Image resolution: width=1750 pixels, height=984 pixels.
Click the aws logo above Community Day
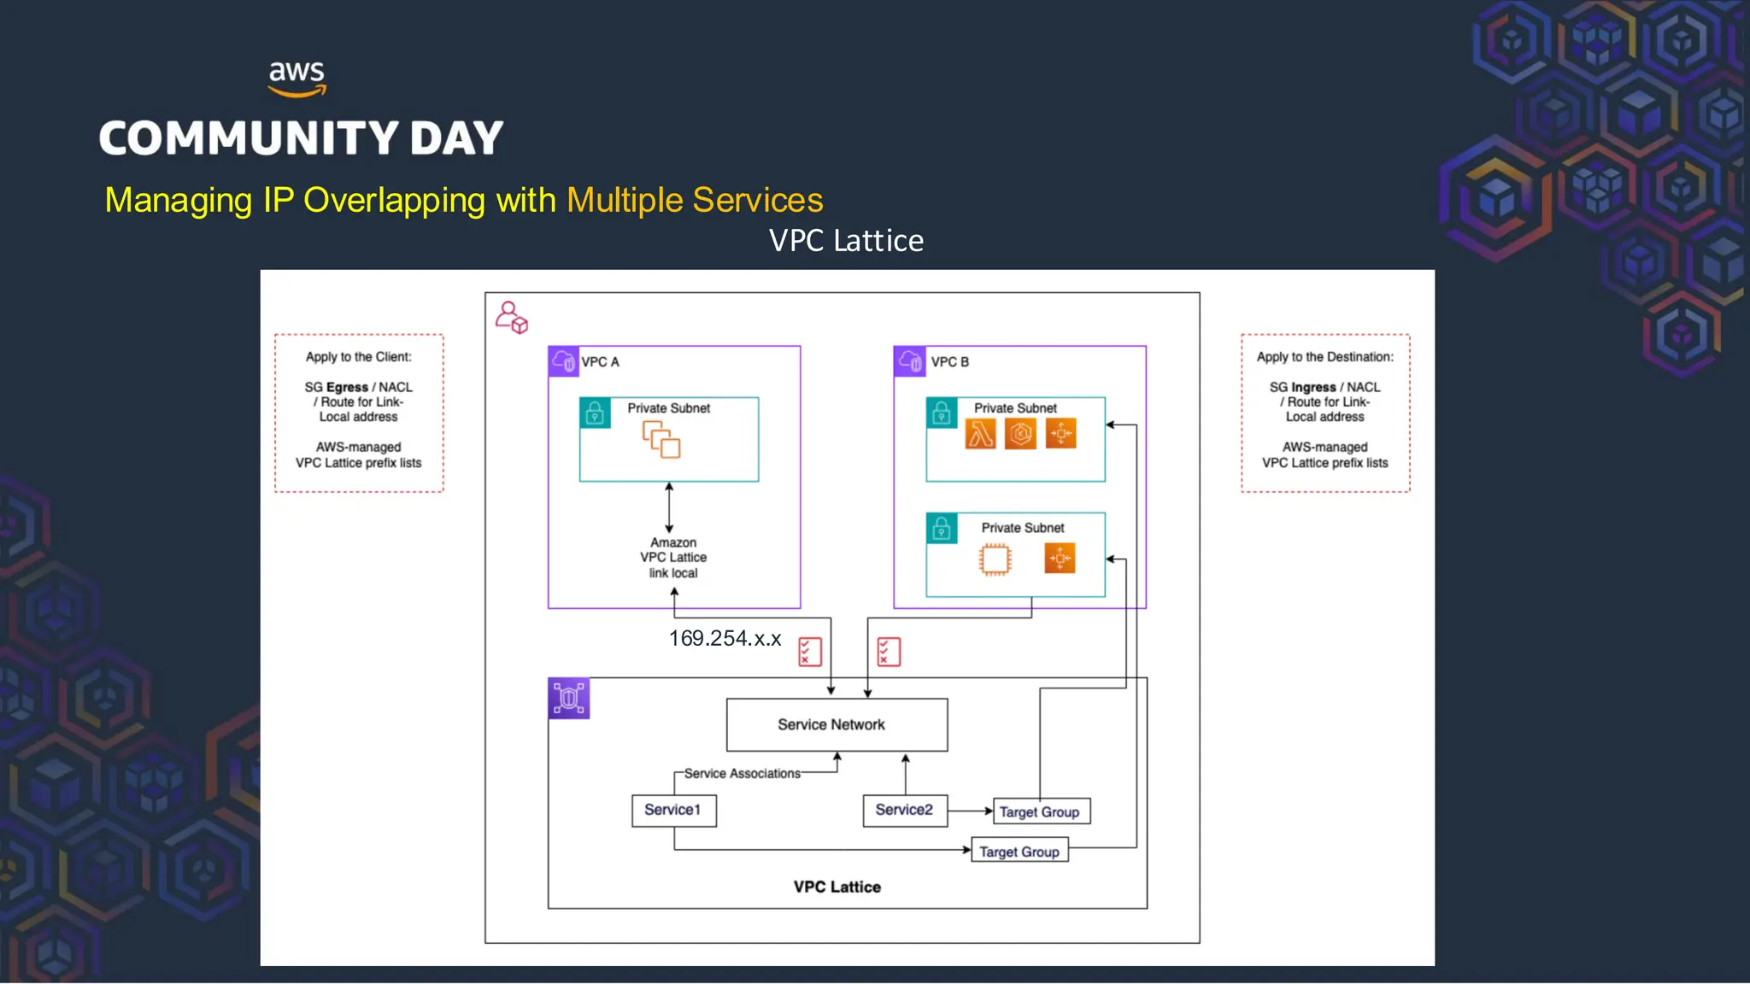tap(297, 78)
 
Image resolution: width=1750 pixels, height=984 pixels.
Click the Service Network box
tap(836, 724)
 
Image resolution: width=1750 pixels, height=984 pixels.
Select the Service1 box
tap(673, 810)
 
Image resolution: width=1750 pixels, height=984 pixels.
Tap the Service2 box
tap(904, 810)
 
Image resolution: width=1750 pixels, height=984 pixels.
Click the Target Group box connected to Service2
tap(1040, 811)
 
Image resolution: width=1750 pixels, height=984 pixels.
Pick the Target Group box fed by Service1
tap(1019, 852)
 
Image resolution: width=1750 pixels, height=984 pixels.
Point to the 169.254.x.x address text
tap(725, 639)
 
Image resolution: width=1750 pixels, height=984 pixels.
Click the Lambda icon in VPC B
tap(980, 434)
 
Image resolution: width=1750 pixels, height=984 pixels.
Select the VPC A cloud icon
tap(563, 361)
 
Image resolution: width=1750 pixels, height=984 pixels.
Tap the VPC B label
tap(950, 362)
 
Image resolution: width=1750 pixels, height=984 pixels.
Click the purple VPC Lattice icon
tap(568, 699)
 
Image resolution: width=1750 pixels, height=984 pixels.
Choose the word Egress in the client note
tap(347, 387)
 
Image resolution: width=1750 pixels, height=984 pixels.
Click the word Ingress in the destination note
tap(1313, 387)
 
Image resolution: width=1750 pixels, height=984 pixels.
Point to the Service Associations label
tap(742, 774)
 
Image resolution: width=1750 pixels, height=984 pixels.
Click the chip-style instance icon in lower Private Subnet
tap(995, 559)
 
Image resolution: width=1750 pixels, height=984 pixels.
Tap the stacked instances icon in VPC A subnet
tap(661, 439)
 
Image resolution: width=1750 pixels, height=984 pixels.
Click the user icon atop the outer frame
tap(511, 317)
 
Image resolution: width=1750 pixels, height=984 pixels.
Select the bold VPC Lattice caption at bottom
tap(837, 887)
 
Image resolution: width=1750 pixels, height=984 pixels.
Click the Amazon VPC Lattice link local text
tap(673, 558)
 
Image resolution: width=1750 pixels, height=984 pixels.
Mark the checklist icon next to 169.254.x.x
tap(809, 652)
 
